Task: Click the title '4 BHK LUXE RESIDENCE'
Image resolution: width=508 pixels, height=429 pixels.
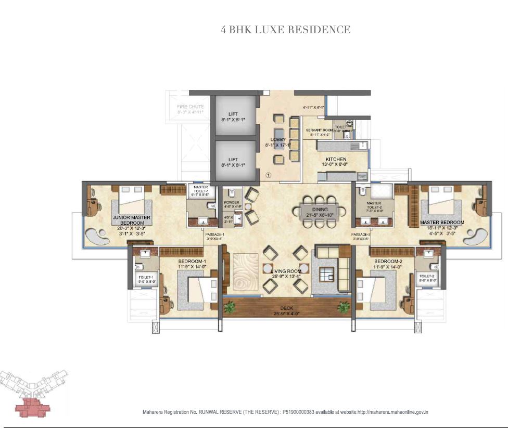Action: click(x=286, y=30)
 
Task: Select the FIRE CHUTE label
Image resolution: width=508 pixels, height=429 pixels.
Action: click(x=189, y=108)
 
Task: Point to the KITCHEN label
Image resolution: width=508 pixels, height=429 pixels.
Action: click(x=336, y=160)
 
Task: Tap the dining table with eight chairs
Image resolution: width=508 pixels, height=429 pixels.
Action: click(x=322, y=211)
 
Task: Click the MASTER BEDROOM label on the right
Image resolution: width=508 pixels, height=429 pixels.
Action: click(x=442, y=223)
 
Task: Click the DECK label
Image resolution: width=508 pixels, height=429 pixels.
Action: click(x=287, y=307)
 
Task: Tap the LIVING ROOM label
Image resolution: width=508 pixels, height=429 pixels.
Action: click(x=286, y=271)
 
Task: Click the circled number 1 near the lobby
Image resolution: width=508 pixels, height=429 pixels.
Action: click(x=268, y=175)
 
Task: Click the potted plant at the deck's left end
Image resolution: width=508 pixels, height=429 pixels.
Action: click(x=230, y=307)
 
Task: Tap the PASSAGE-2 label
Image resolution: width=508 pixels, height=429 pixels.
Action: click(x=360, y=235)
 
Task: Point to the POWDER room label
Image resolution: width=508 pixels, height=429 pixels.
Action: click(x=231, y=203)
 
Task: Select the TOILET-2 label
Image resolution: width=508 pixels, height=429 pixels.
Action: click(x=427, y=277)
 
